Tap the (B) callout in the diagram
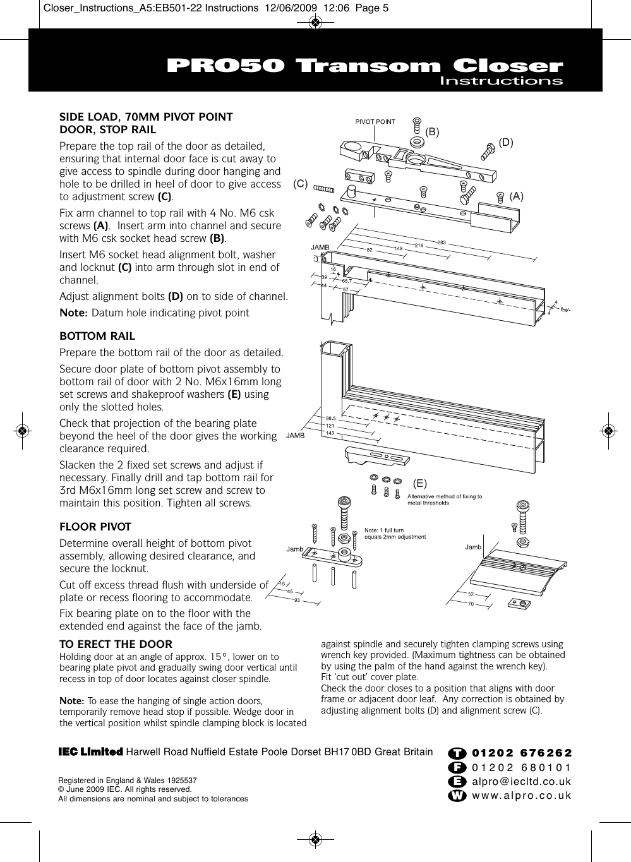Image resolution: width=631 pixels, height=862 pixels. pos(432,131)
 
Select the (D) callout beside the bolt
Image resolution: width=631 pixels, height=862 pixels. pos(506,143)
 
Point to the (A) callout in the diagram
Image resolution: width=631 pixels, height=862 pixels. pos(517,196)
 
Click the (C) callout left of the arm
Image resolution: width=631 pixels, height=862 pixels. pos(300,184)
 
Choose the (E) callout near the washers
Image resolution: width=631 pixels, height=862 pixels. pos(420,484)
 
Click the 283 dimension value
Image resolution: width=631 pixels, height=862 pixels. pos(442,242)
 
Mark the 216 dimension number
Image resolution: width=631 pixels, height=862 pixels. pos(419,245)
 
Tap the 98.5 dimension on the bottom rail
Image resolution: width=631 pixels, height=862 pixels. pos(330,418)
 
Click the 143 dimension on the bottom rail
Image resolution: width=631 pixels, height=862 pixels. pos(330,433)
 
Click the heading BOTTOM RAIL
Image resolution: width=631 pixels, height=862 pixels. pos(97,336)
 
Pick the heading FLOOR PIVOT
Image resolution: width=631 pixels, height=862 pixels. pos(95,527)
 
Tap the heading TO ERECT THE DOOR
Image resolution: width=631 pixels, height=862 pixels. pos(116,644)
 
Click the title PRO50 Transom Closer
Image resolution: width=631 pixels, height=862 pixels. pos(364,66)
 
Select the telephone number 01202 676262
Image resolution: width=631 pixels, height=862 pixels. pos(522,753)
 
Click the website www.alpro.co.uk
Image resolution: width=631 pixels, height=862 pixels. pos(522,795)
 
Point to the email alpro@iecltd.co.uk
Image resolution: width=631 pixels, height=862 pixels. pos(522,781)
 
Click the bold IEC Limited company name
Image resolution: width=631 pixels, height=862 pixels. pos(90,752)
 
